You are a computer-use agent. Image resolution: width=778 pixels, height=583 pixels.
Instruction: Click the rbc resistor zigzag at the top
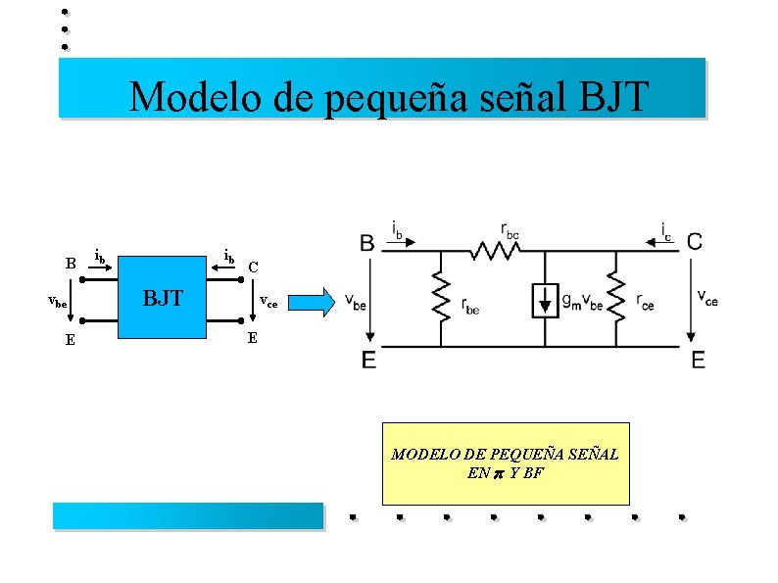496,252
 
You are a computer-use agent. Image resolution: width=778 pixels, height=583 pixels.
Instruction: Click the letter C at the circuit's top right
694,241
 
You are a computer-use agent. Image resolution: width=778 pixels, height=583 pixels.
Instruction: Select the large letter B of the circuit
366,242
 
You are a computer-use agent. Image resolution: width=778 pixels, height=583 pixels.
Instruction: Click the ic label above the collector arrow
666,232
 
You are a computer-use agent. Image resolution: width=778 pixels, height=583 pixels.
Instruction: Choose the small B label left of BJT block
71,263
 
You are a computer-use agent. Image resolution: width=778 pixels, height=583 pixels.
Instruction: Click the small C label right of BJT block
253,267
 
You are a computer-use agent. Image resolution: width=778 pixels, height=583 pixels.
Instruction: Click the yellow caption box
505,463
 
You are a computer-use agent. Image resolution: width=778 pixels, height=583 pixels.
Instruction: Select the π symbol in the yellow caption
497,473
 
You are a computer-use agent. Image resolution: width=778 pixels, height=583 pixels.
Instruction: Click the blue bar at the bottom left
187,515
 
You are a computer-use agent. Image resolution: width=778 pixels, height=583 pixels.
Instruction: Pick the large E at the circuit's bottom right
698,361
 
